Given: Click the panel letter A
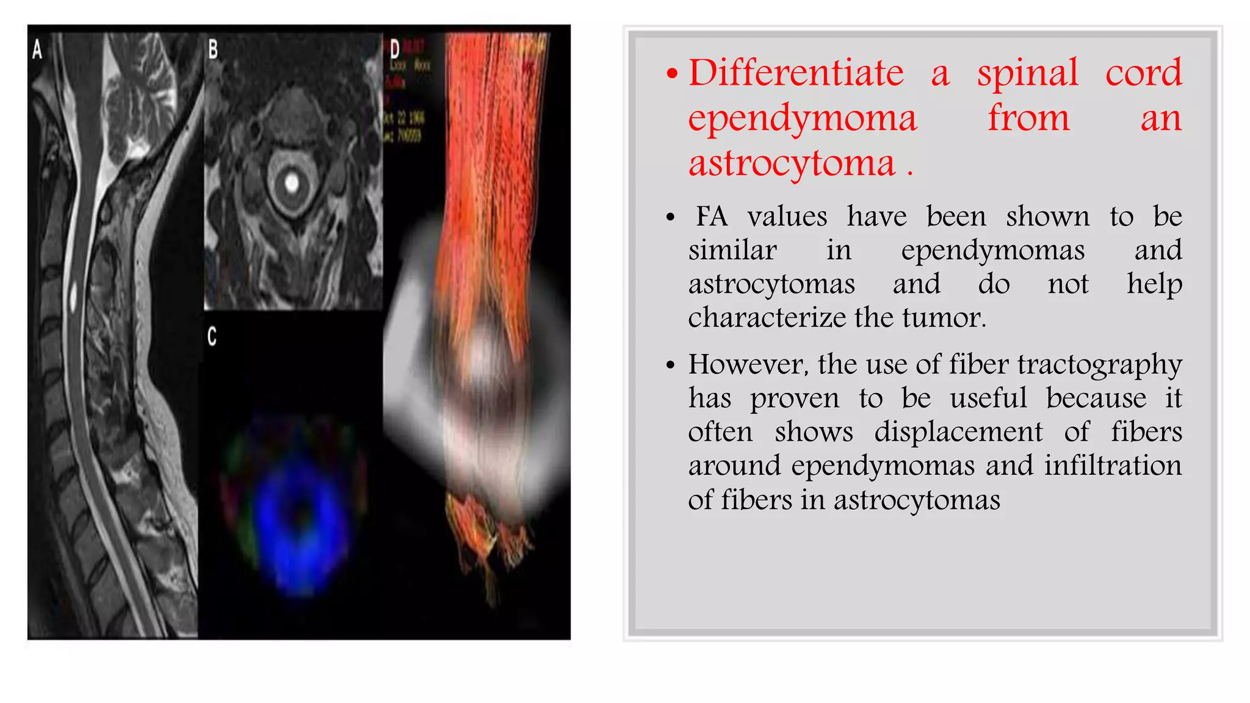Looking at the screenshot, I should pos(37,49).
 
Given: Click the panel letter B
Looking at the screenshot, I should pos(213,49).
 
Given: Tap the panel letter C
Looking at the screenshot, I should pos(212,336).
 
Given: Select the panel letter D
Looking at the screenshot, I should pos(395,49).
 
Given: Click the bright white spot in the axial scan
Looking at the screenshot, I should pos(292,182).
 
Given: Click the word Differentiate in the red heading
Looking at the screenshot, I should pos(796,73).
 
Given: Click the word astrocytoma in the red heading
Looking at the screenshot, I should pos(792,164).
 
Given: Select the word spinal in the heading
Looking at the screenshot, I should pos(1028,73).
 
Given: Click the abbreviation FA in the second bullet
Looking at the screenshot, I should pos(712,217).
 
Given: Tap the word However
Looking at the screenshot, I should pos(748,365).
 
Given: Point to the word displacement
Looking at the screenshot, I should pos(958,433).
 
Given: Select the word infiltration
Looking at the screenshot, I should pos(1113,466).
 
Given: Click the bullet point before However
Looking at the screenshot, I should pos(671,366).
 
